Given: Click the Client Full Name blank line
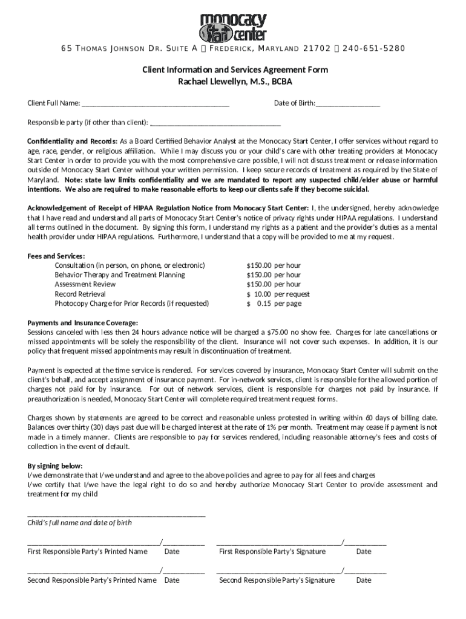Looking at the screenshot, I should tap(156, 105).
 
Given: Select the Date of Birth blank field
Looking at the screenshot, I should tap(348, 105).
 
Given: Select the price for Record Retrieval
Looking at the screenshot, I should tap(278, 294).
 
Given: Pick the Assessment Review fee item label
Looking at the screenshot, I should tap(85, 284).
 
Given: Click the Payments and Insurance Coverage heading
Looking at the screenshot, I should tap(82, 323).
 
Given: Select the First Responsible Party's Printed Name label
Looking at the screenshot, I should tap(87, 551).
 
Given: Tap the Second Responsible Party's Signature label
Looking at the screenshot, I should tap(277, 580).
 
